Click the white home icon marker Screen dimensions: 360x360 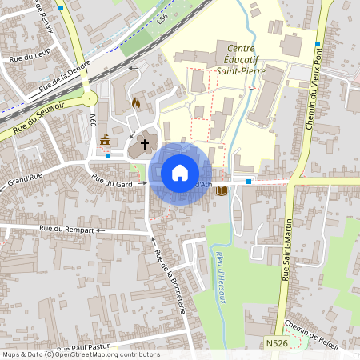pos(180,173)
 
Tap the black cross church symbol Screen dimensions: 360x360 pos(145,145)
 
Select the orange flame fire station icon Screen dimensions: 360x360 pos(135,103)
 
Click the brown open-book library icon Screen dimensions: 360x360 pos(222,189)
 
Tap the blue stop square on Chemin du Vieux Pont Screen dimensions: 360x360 pos(318,44)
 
